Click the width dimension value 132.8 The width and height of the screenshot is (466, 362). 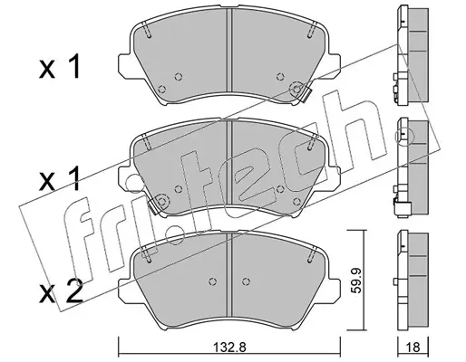(x=229, y=348)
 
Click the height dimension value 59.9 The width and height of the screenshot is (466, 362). (x=357, y=280)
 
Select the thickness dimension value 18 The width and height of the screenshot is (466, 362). (x=413, y=348)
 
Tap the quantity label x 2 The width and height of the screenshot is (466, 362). (x=61, y=291)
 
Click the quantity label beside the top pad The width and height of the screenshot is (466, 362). (x=60, y=66)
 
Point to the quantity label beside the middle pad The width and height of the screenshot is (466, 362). (x=59, y=179)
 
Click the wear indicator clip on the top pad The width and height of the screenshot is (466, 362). (x=305, y=96)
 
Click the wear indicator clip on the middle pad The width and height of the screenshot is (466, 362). (x=154, y=206)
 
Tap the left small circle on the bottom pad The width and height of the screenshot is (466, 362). (x=213, y=281)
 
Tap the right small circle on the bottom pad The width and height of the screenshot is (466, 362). (x=247, y=281)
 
